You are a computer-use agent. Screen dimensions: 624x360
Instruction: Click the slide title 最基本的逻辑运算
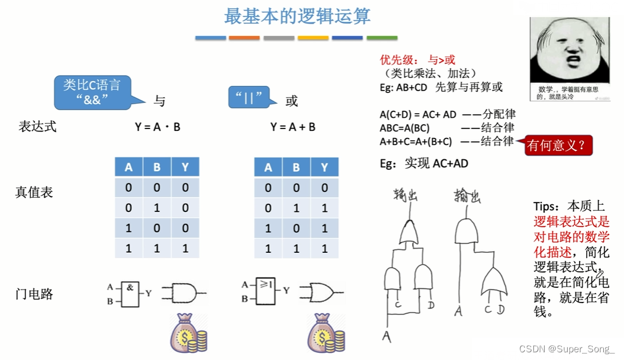tap(297, 16)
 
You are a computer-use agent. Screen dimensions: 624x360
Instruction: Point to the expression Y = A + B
tap(292, 127)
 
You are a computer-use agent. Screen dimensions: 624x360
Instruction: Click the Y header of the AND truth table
tap(185, 168)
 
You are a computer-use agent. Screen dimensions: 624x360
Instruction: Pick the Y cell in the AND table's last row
tap(185, 248)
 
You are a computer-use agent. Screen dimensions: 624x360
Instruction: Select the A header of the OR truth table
tap(268, 168)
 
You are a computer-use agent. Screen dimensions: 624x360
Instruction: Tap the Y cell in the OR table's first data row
tap(324, 188)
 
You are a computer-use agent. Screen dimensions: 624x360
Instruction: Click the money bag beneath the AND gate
tap(188, 333)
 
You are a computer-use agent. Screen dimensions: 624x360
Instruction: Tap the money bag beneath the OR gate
tap(325, 333)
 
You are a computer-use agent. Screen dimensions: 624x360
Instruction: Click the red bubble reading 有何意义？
tap(558, 145)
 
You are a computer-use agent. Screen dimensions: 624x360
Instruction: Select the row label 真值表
tap(34, 192)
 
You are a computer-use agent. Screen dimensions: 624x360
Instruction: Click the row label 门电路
tap(34, 294)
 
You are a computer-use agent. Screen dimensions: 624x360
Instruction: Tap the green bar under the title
tap(382, 38)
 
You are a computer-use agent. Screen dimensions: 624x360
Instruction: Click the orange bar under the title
tap(244, 38)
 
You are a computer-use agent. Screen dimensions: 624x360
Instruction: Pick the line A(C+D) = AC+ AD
tap(418, 114)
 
